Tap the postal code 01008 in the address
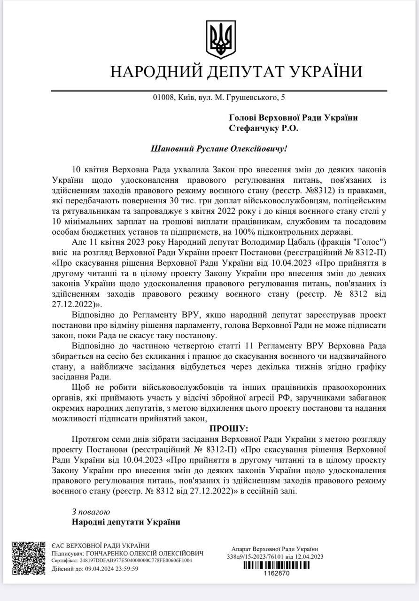(163, 98)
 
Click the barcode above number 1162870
(275, 566)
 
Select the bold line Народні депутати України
(126, 522)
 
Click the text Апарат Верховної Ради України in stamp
(275, 549)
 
